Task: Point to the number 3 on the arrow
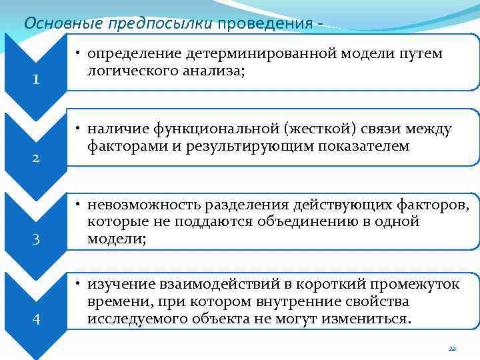(x=37, y=239)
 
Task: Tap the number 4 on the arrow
(x=37, y=319)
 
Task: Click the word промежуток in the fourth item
(x=416, y=285)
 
